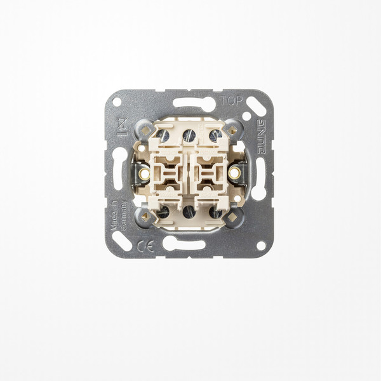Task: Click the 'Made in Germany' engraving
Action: click(x=118, y=216)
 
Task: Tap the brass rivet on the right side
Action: click(x=234, y=173)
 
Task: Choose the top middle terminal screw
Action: click(x=189, y=135)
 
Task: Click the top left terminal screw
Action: click(x=163, y=135)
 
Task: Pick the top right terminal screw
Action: click(x=215, y=135)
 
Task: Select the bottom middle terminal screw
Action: click(x=189, y=211)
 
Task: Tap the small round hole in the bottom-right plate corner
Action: click(x=260, y=245)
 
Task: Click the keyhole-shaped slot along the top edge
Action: click(x=193, y=104)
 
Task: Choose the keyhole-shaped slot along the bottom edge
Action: click(x=184, y=243)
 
